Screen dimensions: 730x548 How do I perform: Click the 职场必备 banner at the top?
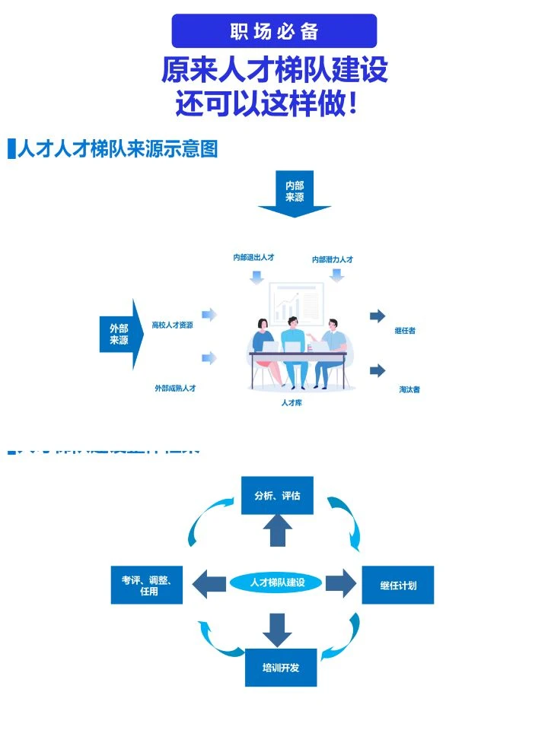click(274, 31)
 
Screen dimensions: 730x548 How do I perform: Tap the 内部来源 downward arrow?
click(295, 193)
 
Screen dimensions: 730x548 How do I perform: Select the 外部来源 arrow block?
click(120, 335)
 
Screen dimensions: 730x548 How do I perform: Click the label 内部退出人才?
click(253, 258)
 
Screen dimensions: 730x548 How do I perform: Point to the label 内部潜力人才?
click(333, 259)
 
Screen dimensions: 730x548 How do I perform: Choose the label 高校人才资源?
click(172, 325)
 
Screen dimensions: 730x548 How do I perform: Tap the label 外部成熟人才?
click(175, 388)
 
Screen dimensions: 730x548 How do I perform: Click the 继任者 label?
click(405, 331)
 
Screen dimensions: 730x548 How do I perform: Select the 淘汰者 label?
click(409, 389)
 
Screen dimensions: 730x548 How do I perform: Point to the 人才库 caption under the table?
click(292, 402)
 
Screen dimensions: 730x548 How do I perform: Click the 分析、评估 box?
click(277, 496)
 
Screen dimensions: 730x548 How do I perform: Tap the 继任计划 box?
click(397, 585)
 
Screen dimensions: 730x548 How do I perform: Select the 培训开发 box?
click(280, 668)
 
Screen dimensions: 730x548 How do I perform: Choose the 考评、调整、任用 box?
click(147, 585)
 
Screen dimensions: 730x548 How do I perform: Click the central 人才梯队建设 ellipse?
click(277, 582)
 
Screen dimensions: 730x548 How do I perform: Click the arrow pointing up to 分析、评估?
click(277, 530)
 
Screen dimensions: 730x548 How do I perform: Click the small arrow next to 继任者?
click(378, 316)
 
